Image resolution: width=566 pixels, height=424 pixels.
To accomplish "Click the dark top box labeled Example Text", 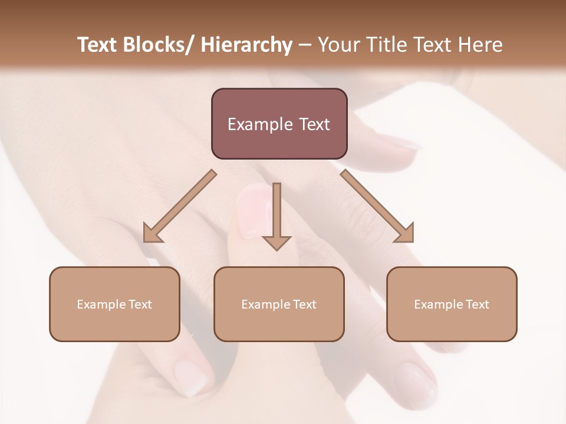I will tap(279, 124).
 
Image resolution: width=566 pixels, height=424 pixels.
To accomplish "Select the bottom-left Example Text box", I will tap(114, 304).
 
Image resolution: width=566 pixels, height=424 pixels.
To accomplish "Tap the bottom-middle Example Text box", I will tap(279, 304).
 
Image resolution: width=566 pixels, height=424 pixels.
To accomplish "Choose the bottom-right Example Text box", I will tap(452, 304).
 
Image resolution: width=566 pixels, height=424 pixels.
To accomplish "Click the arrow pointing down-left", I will tap(180, 206).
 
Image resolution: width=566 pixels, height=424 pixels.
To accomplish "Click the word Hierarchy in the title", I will tap(246, 45).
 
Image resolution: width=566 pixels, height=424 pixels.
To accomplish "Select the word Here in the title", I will tap(480, 45).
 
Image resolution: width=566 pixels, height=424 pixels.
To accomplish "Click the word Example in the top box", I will tap(260, 124).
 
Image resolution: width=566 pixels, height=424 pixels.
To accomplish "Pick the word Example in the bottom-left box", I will tap(101, 304).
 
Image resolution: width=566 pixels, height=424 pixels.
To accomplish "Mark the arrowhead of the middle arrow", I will tap(277, 243).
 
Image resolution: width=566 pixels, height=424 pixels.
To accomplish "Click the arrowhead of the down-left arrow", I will tap(152, 234).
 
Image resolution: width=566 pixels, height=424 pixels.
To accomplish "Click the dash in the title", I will tap(305, 45).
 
